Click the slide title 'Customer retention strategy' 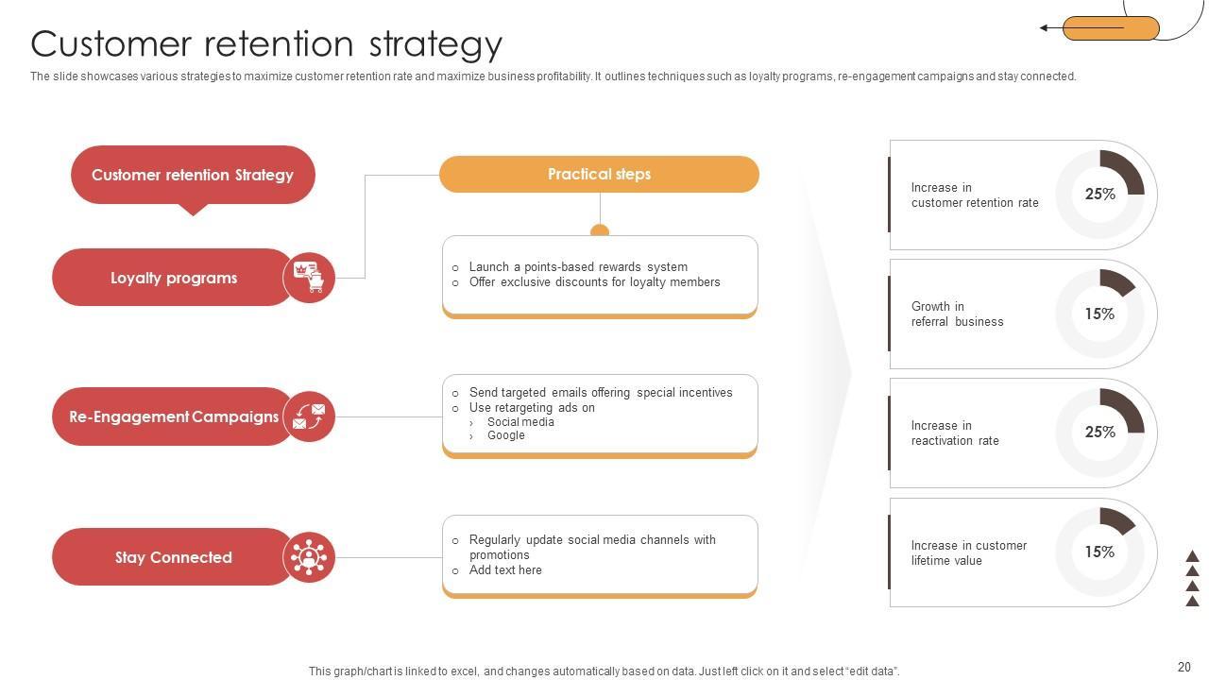pos(266,44)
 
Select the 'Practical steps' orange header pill pos(599,175)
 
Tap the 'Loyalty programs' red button pos(174,278)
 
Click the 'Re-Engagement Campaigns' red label pos(174,416)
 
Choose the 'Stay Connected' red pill pos(174,557)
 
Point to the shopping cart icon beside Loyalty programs pos(309,278)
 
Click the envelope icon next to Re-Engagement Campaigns pos(309,416)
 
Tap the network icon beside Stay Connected pos(309,557)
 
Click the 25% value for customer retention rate pos(1099,195)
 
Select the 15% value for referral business pos(1099,314)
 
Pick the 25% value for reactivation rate pos(1099,433)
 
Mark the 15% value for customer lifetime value pos(1099,552)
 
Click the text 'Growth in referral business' pos(957,314)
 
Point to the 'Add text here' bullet pos(505,570)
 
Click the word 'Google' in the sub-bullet pos(506,435)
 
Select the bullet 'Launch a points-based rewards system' pos(578,267)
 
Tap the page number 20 pos(1184,666)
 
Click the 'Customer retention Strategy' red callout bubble pos(193,175)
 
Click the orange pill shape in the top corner pos(1111,28)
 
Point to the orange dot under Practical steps pos(600,230)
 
